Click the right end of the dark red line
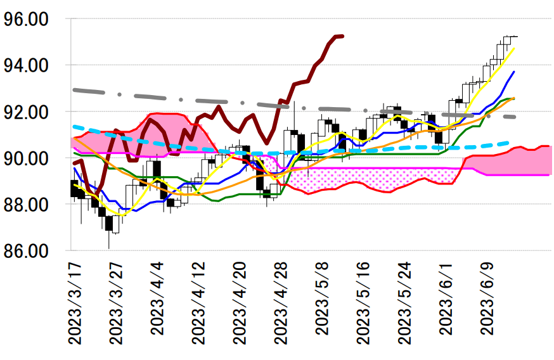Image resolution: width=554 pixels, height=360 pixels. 342,36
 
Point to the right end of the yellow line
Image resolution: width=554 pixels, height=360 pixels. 514,48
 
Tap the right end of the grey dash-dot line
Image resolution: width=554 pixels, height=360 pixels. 515,117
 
